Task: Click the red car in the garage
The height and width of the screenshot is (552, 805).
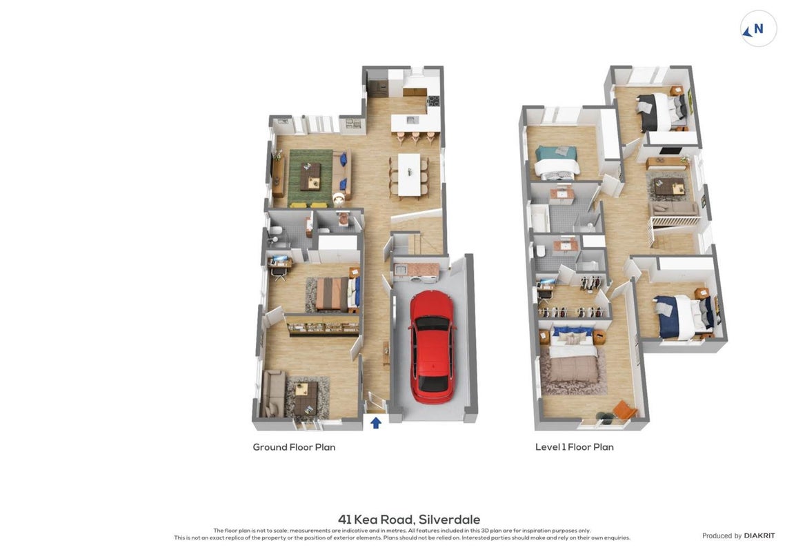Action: [x=433, y=346]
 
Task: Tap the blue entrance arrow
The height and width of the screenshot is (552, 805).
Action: [x=376, y=422]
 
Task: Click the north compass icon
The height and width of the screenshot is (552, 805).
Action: [x=758, y=29]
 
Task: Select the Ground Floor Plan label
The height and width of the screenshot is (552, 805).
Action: [x=294, y=447]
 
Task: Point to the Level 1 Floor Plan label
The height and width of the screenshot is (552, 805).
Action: [x=575, y=447]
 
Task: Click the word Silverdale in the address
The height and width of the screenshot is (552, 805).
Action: [x=449, y=520]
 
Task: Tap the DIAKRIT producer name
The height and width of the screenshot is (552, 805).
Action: [x=759, y=535]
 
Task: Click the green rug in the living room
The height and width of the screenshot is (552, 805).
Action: [x=310, y=177]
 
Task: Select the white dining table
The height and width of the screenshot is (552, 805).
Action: [x=409, y=175]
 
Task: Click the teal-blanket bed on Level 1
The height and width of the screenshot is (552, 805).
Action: [x=557, y=161]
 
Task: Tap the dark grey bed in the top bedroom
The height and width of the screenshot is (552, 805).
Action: [x=661, y=111]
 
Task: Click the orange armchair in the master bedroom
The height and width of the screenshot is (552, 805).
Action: [x=624, y=411]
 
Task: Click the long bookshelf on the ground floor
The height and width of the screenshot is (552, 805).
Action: [x=322, y=325]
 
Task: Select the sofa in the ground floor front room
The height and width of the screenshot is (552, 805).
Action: [x=272, y=393]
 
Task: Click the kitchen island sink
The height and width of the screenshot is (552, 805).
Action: [x=412, y=120]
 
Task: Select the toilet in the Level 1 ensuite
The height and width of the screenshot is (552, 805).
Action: [x=541, y=251]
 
